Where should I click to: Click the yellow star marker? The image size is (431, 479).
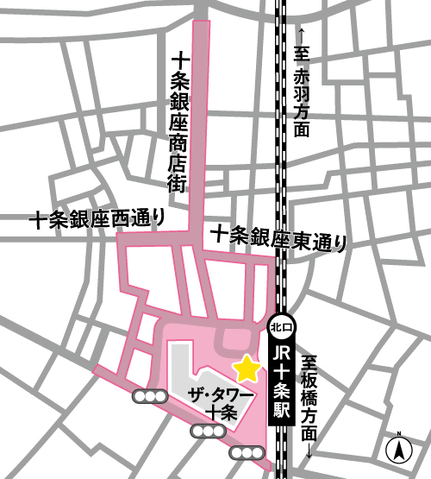tap(247, 369)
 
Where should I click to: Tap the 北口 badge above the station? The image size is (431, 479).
tap(281, 326)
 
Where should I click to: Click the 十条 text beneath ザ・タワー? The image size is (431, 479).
tap(222, 413)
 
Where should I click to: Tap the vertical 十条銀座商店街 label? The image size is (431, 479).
tap(178, 120)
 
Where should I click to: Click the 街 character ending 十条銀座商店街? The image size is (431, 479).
tap(178, 183)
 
